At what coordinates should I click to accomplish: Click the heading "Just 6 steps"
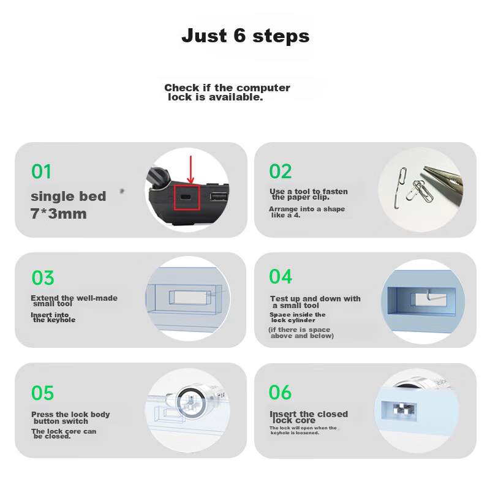point(246,36)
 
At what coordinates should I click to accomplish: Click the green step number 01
point(41,171)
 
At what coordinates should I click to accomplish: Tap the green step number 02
point(281,171)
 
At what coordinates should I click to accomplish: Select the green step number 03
point(43,278)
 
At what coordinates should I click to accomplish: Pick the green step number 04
point(281,277)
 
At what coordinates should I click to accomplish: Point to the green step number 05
point(42,393)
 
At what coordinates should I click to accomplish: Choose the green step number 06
point(281,392)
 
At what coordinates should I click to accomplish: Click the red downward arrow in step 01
point(190,170)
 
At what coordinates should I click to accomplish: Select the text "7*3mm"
point(58,214)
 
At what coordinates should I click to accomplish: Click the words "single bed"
point(69,196)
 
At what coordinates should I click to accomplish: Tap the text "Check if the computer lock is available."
point(227,92)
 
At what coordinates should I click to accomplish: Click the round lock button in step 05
point(190,402)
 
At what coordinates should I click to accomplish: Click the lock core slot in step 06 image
point(399,410)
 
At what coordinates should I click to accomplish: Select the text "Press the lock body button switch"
point(70,418)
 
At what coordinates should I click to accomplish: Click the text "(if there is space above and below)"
point(301,333)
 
